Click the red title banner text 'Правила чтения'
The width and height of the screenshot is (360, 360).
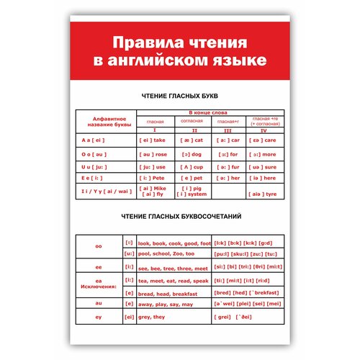pos(180,42)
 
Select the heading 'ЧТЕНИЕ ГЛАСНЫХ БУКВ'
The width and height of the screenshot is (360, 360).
pos(180,94)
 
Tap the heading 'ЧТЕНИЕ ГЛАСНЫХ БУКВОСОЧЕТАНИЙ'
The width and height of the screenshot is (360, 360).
pos(180,216)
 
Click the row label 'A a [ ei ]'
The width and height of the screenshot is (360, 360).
pos(95,140)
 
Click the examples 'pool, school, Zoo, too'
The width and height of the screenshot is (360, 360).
pos(166,254)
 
